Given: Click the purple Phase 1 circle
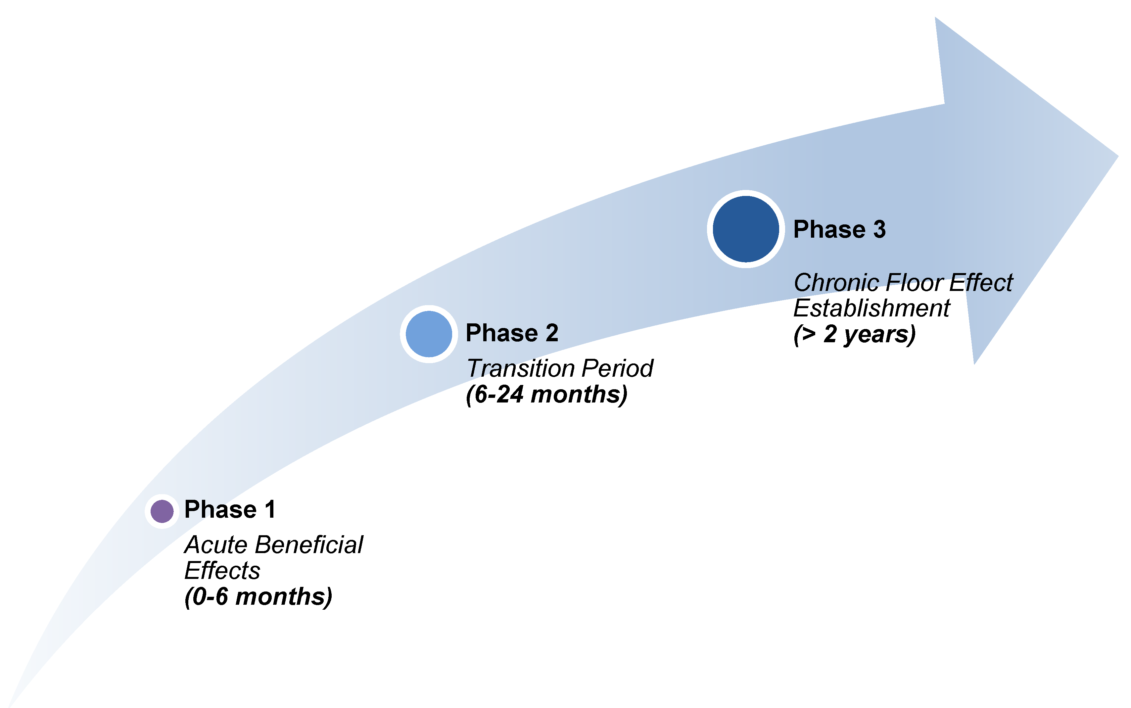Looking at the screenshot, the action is coord(162,511).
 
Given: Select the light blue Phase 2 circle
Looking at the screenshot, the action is coord(429,334).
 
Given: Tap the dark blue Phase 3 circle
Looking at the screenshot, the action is coord(746,229).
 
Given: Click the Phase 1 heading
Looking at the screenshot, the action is coord(230,509).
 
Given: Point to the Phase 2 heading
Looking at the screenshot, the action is coord(512,333).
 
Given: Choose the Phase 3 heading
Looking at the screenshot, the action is coord(840,229).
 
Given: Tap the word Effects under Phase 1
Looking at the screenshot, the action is coord(222,570).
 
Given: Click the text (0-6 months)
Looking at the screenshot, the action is coord(259,596).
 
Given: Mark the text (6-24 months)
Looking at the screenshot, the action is coord(547,394).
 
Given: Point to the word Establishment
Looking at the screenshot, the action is coord(872,308).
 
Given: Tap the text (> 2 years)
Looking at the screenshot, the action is coord(854,334).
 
